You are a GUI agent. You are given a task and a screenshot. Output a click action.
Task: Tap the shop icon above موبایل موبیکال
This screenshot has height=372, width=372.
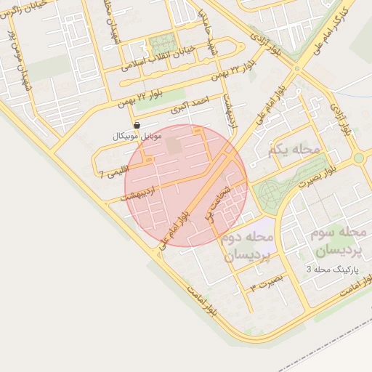(x=137, y=126)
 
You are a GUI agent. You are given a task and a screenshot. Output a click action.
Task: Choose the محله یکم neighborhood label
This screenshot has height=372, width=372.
(x=293, y=149)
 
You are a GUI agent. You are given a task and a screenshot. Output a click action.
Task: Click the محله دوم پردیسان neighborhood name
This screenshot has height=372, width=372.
(x=246, y=247)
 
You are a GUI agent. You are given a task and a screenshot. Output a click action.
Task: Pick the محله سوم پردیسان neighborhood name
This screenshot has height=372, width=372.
(x=338, y=243)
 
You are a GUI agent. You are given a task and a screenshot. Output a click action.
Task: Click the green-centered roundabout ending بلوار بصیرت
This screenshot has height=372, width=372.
(x=357, y=158)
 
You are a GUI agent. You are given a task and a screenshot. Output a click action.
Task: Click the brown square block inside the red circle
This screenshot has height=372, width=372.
(x=174, y=145)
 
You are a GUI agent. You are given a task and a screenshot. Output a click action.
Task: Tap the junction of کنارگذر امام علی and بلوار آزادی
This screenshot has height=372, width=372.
(x=296, y=69)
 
